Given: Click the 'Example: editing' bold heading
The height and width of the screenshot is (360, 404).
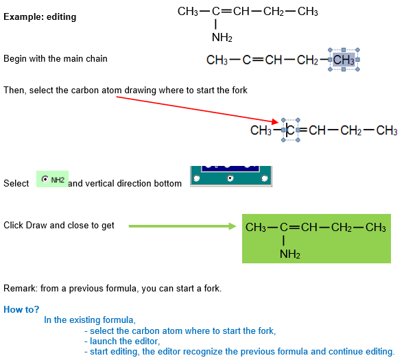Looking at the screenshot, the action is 40,17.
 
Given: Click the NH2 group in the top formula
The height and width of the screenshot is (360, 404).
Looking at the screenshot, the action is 222,38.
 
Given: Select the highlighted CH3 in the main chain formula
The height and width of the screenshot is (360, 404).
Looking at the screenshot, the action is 344,60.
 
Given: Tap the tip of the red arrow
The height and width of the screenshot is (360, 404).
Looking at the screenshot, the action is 278,121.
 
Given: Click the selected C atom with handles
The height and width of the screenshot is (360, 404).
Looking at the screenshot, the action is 291,130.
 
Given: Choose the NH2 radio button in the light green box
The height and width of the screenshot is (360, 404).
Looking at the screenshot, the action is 45,179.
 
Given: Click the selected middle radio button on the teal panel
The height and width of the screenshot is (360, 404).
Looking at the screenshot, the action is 230,178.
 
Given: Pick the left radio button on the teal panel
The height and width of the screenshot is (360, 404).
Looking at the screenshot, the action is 197,178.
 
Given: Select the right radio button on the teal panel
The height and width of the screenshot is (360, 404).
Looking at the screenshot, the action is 264,178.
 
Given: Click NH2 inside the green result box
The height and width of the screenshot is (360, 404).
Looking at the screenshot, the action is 290,254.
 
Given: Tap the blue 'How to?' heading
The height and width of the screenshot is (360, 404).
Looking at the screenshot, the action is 21,309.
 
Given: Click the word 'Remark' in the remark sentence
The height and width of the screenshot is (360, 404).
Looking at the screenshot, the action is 20,288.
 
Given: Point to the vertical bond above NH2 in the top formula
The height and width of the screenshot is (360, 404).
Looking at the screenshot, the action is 215,25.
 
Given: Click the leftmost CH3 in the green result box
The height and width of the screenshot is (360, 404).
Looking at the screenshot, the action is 256,228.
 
